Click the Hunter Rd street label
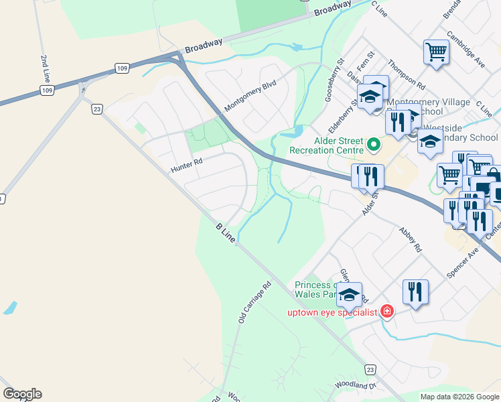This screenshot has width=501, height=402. coord(186,163)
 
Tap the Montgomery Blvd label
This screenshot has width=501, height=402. coord(250,96)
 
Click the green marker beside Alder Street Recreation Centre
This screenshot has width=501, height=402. coord(373,143)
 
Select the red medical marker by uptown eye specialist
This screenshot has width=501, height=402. coord(386,311)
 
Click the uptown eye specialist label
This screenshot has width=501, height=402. coord(332,312)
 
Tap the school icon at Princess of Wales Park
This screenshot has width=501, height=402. coord(349,294)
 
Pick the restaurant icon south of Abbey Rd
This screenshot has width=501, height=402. coord(415,291)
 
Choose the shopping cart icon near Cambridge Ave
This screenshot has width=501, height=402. coord(436,52)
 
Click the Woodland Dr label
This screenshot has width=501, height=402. coord(356,386)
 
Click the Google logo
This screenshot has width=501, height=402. coord(22,394)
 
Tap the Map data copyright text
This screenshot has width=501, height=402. coord(459,397)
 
